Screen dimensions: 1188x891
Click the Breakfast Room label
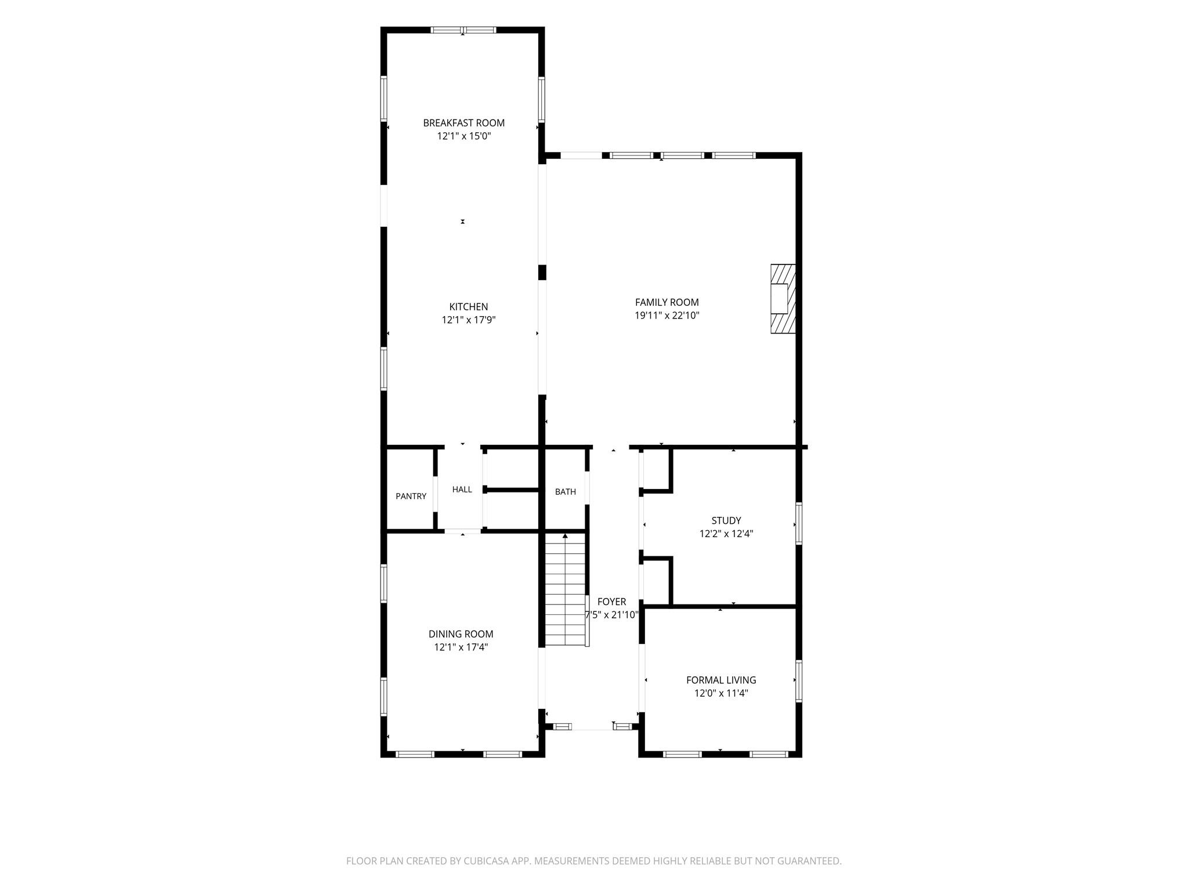463,123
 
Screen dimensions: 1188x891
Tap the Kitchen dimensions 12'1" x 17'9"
469,320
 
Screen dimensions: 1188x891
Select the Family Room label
667,302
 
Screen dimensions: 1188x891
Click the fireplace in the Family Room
783,299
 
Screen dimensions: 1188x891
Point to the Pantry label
411,496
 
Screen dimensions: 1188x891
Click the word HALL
462,490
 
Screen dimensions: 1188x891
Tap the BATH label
566,492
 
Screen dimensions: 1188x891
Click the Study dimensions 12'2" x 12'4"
726,534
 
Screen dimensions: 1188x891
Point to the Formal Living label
721,680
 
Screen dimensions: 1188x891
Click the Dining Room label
461,634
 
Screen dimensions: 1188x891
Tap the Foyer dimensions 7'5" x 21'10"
611,615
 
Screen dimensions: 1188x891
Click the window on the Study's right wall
799,523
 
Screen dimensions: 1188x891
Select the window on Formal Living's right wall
799,682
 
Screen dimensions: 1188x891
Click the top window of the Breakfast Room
463,30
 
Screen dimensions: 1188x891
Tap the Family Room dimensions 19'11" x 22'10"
667,316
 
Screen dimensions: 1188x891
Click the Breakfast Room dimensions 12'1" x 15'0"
463,136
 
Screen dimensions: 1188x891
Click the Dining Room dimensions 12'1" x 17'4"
461,647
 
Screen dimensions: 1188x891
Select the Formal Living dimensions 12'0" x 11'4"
721,693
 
